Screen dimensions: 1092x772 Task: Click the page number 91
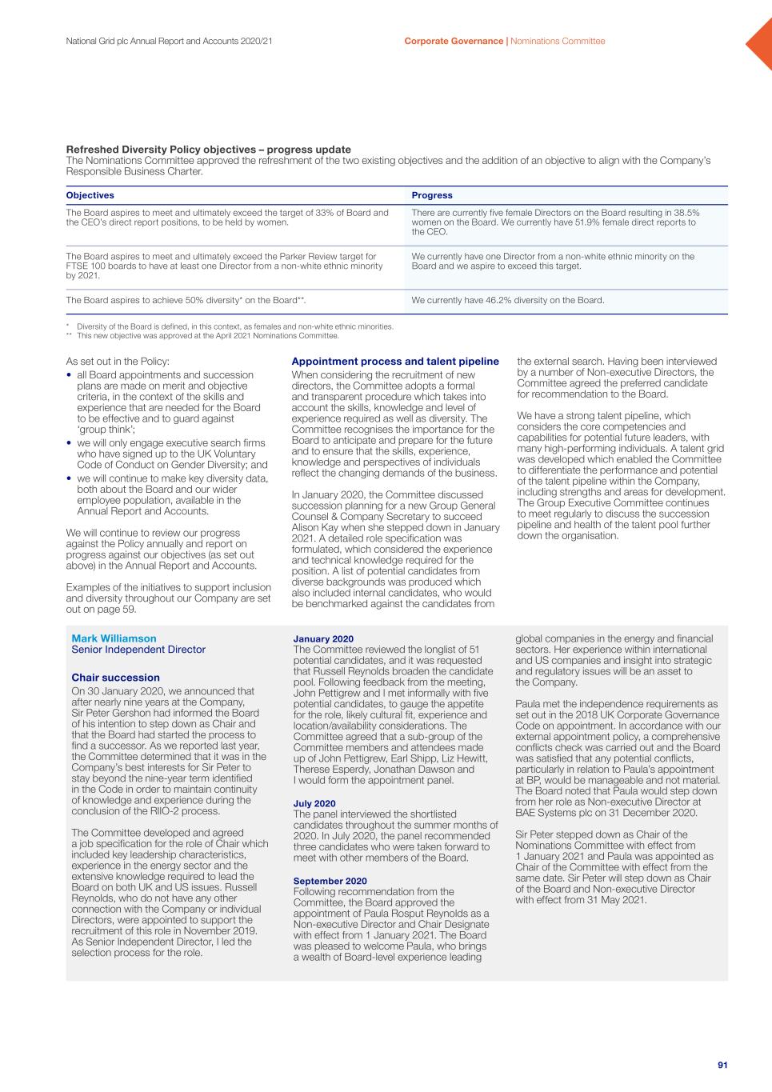pyautogui.click(x=722, y=1065)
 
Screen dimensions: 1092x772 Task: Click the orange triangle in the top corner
pyautogui.click(x=761, y=43)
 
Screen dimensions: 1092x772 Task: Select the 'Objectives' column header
pyautogui.click(x=90, y=195)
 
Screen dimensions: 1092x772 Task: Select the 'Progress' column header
pyautogui.click(x=432, y=195)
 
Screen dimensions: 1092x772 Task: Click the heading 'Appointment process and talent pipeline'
pyautogui.click(x=395, y=362)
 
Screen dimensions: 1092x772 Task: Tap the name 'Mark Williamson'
pyautogui.click(x=114, y=638)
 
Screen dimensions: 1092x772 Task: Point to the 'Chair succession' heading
pyautogui.click(x=115, y=678)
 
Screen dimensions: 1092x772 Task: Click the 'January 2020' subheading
pyautogui.click(x=323, y=638)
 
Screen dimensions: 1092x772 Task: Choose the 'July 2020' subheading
pyautogui.click(x=314, y=803)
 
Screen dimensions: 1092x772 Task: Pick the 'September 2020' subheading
pyautogui.click(x=330, y=881)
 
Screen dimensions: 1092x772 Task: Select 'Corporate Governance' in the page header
pyautogui.click(x=454, y=41)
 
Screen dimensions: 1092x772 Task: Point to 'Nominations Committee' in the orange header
pyautogui.click(x=558, y=41)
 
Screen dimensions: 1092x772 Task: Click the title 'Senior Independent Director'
pyautogui.click(x=138, y=650)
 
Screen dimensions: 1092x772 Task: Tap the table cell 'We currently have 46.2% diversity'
pyautogui.click(x=507, y=301)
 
